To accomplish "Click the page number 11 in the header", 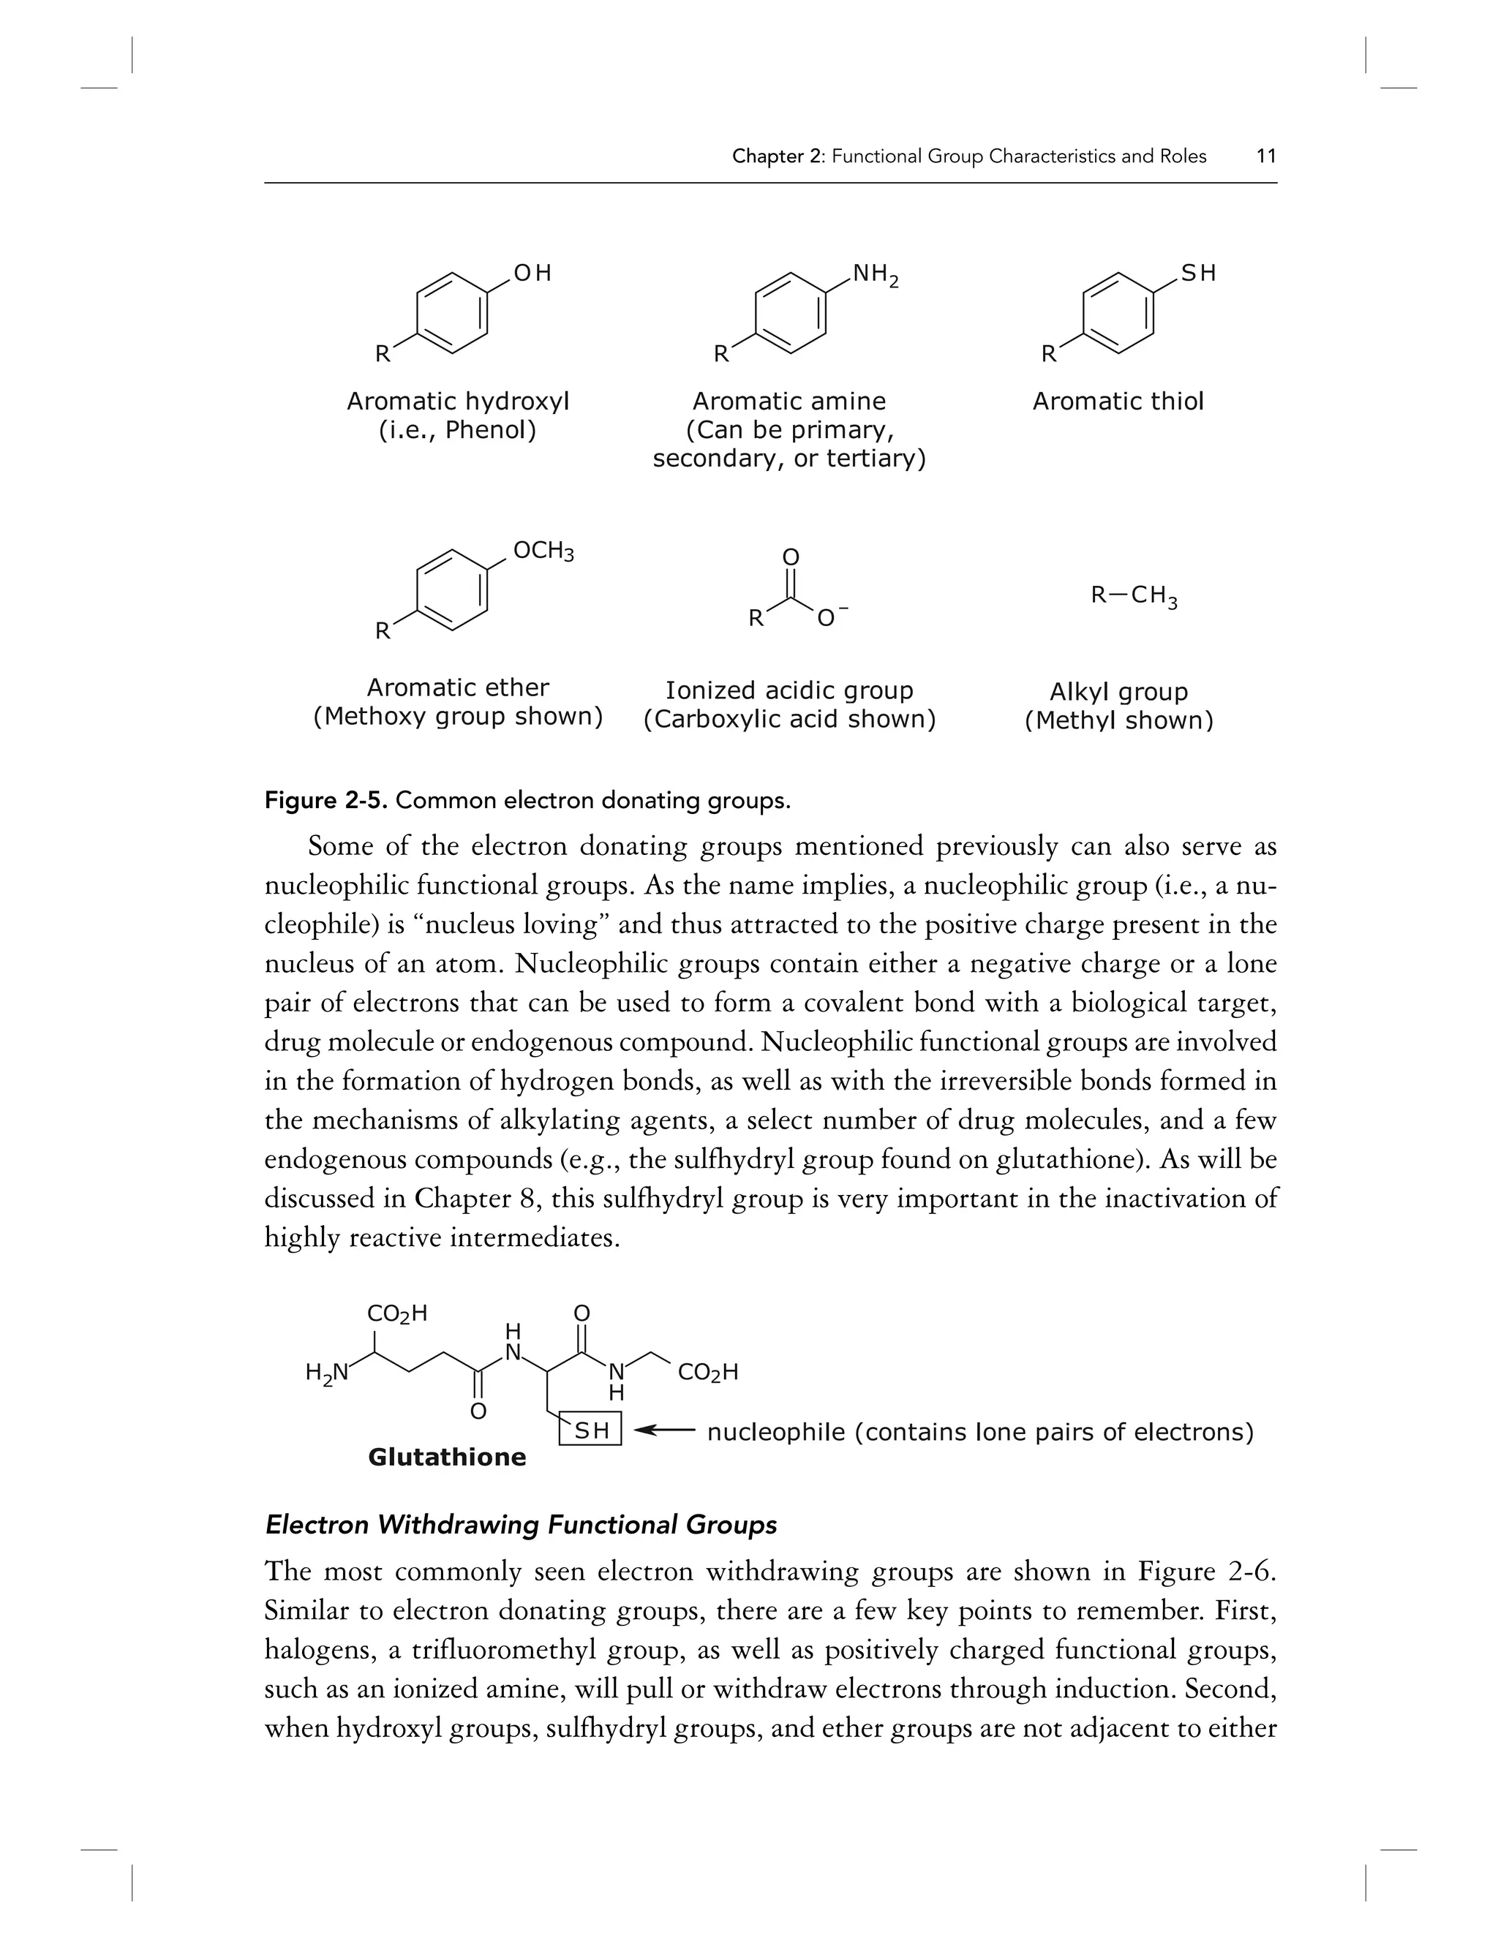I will (1266, 157).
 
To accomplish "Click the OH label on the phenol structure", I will (532, 274).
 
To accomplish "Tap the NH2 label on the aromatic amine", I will (875, 274).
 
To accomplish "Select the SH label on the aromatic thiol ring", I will (1198, 274).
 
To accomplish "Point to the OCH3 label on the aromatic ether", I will (543, 551).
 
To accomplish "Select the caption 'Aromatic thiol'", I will (1118, 402).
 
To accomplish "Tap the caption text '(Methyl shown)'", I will (1118, 720).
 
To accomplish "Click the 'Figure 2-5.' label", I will (325, 802).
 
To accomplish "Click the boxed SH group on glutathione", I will (591, 1430).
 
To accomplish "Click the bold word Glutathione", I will (446, 1457).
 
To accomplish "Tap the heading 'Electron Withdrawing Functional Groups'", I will (521, 1526).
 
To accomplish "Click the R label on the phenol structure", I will (382, 354).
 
